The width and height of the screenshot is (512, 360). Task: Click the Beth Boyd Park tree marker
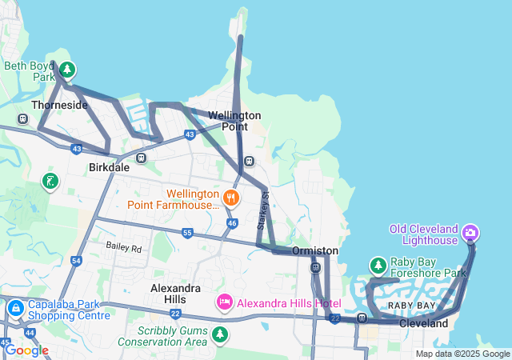67,70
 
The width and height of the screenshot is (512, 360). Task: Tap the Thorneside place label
59,105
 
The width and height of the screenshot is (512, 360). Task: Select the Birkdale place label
108,168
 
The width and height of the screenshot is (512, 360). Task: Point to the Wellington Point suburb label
234,121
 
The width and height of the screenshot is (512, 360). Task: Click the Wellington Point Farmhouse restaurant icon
231,197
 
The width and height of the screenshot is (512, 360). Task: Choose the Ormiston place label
314,251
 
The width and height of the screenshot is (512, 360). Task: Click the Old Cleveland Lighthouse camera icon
470,233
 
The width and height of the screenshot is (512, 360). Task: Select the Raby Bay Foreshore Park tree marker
378,265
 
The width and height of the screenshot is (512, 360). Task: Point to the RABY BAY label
411,306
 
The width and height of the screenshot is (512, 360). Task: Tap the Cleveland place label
423,324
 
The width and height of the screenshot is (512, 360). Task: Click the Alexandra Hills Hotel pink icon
225,302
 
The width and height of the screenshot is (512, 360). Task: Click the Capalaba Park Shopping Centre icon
15,308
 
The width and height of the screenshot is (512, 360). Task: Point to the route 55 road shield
187,233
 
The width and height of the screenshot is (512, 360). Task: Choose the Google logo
26,350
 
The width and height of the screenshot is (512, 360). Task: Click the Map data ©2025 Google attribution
462,354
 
